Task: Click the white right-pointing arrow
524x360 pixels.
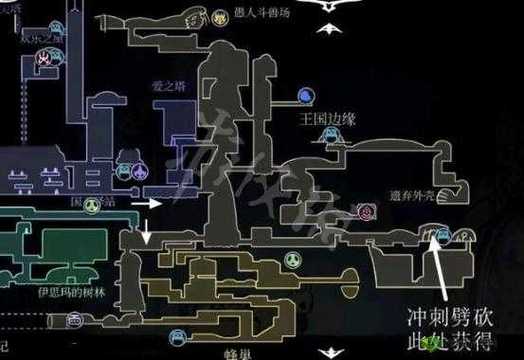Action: click(146, 203)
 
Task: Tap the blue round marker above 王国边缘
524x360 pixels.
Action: click(305, 96)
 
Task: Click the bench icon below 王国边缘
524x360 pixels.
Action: click(330, 135)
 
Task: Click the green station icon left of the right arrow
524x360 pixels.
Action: click(92, 204)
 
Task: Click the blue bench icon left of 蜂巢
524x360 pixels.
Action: click(176, 336)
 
